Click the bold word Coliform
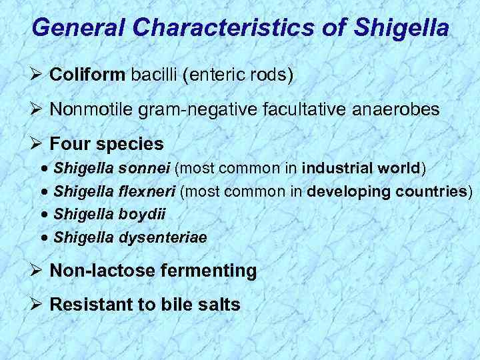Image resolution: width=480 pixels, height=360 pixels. click(x=87, y=74)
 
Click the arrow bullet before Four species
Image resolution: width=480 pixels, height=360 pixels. click(x=37, y=144)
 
